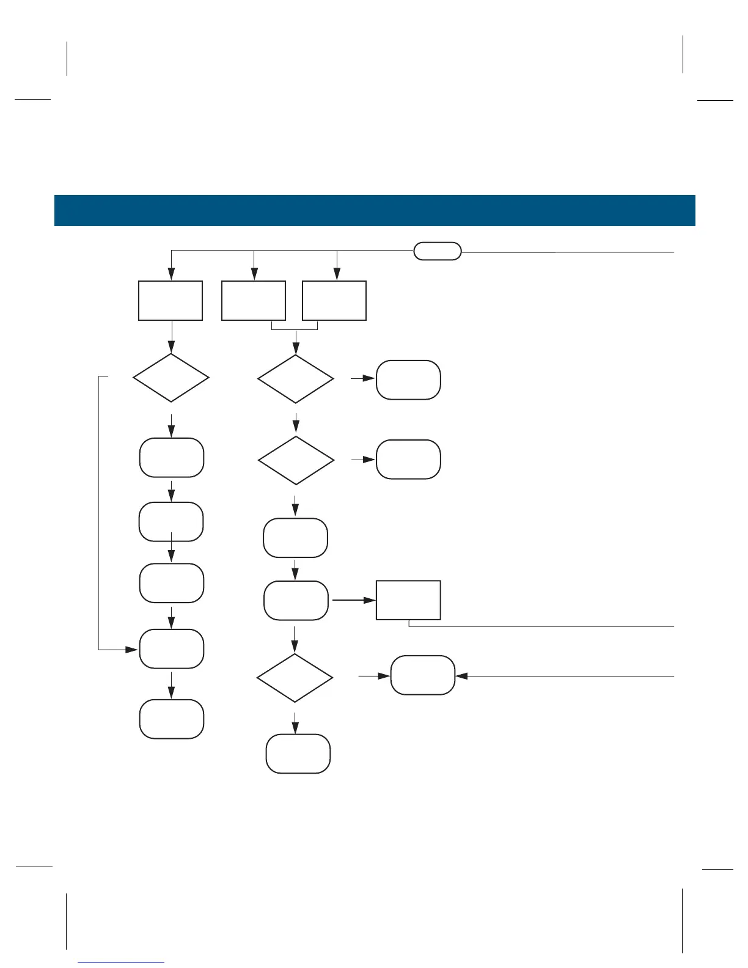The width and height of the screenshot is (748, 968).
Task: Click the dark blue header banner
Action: tap(374, 210)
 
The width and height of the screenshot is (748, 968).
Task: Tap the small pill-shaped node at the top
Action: tap(438, 251)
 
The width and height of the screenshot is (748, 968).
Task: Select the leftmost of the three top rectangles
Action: tap(170, 301)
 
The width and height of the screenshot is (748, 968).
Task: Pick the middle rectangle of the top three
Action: tap(254, 301)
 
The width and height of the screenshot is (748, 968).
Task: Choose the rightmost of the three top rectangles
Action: tap(334, 301)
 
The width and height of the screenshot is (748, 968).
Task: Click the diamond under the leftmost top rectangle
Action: tap(171, 378)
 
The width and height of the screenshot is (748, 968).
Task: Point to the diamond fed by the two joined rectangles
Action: tap(296, 379)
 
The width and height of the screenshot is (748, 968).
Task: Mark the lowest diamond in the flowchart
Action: tap(295, 678)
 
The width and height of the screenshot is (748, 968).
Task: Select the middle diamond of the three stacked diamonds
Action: tap(296, 460)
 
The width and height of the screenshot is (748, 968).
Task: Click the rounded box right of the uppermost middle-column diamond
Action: tap(408, 380)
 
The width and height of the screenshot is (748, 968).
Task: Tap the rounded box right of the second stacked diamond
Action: tap(408, 459)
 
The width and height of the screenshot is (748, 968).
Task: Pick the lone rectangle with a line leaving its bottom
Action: tap(408, 600)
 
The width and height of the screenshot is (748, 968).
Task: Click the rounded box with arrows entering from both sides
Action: tap(423, 675)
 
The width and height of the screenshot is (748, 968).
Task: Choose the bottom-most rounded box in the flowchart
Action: tap(298, 754)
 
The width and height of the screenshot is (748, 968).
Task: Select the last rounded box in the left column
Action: tap(171, 719)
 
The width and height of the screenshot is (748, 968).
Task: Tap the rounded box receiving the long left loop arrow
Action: tap(171, 649)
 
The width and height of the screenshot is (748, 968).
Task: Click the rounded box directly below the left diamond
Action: tap(171, 457)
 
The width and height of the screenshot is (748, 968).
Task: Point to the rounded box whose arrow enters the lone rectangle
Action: tap(296, 600)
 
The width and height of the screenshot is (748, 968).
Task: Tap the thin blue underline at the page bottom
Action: tap(122, 963)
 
